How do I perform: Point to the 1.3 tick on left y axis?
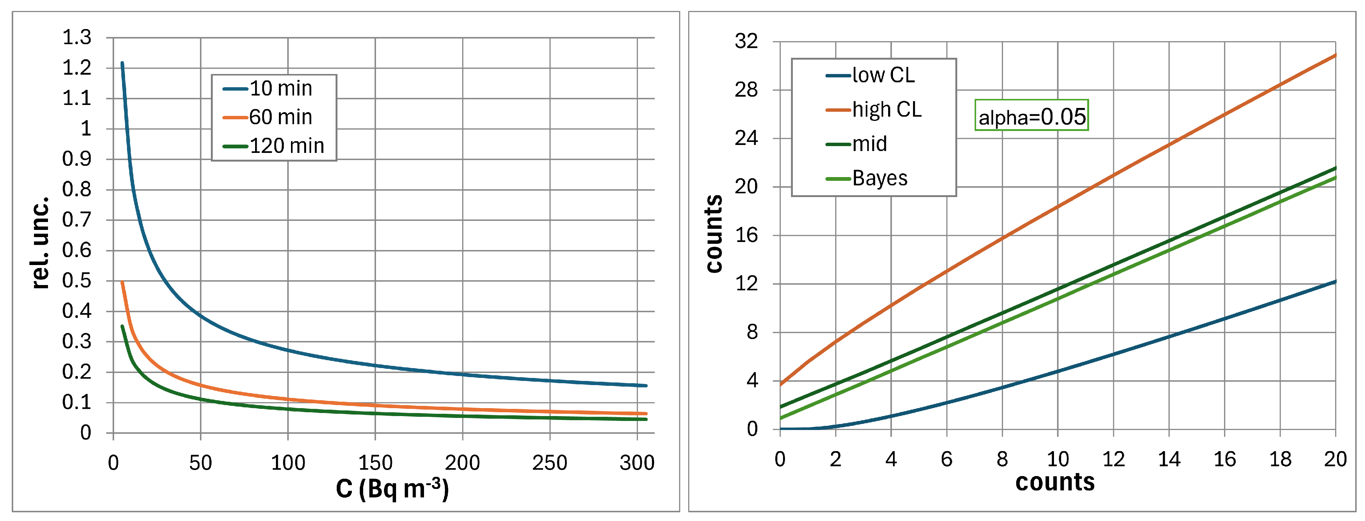tap(77, 38)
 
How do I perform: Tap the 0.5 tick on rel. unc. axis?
tap(77, 281)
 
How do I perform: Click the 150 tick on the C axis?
tap(375, 463)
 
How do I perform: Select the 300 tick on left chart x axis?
tap(637, 463)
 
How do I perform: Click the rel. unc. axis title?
tap(40, 242)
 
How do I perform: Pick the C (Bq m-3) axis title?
tap(392, 489)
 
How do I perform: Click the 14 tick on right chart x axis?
tap(1169, 459)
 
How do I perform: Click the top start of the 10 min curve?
tap(122, 63)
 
